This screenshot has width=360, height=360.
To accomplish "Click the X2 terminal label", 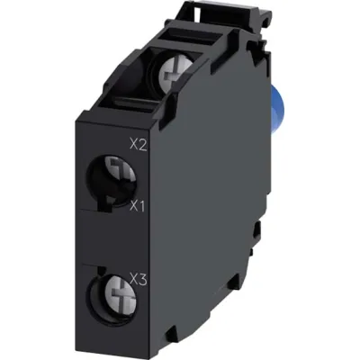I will (139, 142).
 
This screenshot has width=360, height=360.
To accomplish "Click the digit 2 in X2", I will (143, 142).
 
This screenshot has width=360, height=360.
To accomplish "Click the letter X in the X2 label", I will (134, 142).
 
